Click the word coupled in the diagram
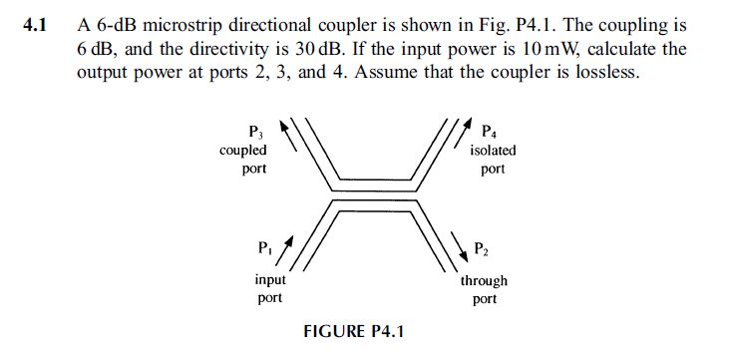[242, 151]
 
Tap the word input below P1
[270, 281]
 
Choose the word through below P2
[484, 281]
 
